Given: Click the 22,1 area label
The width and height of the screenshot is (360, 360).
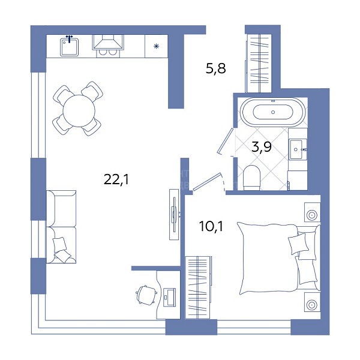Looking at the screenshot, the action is (x=116, y=179).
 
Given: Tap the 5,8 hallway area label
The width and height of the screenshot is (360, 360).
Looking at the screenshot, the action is (x=216, y=68).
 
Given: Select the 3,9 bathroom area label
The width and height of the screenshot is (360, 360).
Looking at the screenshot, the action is (x=262, y=146).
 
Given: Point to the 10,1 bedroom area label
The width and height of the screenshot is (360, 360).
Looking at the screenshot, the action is (x=211, y=226).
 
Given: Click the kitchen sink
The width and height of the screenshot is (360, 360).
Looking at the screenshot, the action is (x=70, y=47).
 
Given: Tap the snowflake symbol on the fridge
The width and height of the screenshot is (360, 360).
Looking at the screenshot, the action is (x=157, y=46).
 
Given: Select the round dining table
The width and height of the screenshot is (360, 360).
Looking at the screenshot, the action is (x=79, y=111).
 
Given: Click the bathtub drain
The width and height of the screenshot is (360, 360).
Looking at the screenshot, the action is (x=273, y=112).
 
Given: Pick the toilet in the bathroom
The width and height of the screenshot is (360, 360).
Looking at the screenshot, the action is (x=251, y=178).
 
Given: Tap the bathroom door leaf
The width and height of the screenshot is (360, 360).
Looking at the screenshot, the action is (x=226, y=140).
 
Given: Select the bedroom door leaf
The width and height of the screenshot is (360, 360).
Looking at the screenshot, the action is (x=208, y=181).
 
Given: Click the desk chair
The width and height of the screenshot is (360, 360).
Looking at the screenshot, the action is (x=146, y=295).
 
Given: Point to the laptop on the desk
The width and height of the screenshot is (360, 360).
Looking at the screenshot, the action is (x=169, y=298).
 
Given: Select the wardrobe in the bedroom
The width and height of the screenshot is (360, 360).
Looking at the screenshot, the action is (x=199, y=287).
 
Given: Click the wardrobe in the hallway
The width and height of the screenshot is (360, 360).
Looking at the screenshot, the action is (x=259, y=64).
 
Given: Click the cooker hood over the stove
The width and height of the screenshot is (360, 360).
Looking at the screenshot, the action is (x=108, y=42).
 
